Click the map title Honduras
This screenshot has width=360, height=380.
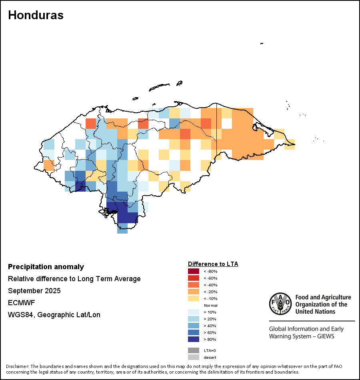[x=36, y=15]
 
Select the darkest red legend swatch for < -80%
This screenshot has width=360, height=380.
[x=194, y=271]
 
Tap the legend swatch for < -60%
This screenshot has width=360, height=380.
[x=194, y=278]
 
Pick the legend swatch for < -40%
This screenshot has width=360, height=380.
[x=194, y=285]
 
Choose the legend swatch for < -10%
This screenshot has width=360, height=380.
[x=194, y=298]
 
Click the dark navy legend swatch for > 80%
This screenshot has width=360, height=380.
[x=194, y=339]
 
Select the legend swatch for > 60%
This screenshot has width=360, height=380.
[x=194, y=332]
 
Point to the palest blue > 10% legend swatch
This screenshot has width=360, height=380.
[x=194, y=312]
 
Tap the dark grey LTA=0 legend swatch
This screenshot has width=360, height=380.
[x=194, y=350]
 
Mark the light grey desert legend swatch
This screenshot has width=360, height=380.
[x=194, y=357]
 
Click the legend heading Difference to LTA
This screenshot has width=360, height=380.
[x=213, y=264]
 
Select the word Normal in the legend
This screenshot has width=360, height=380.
[x=211, y=305]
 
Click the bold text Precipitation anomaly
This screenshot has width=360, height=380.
[x=46, y=267]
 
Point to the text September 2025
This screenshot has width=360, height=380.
[x=34, y=291]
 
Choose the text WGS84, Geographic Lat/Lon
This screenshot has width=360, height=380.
[x=54, y=315]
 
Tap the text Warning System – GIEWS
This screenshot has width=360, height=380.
[x=302, y=336]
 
